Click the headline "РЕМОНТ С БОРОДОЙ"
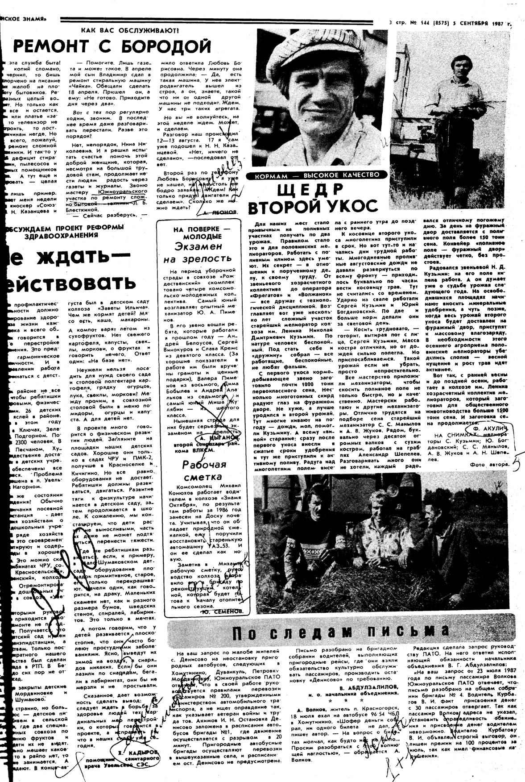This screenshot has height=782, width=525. click(112, 46)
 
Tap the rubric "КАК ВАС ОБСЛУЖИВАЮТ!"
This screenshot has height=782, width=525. click(129, 30)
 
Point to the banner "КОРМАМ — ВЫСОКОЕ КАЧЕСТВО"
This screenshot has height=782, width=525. click(317, 175)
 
